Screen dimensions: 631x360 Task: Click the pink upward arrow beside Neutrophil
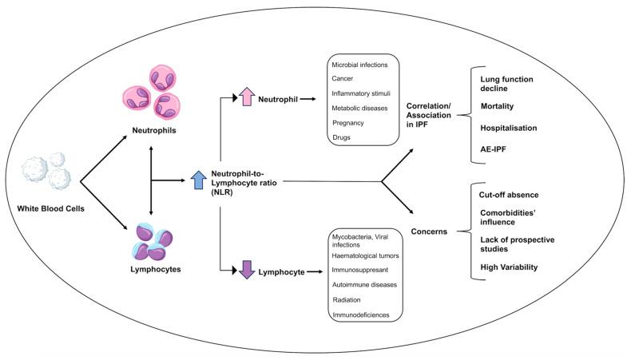click(x=247, y=97)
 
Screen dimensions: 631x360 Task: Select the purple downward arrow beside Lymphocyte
click(x=247, y=270)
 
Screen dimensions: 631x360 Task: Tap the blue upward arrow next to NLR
click(x=198, y=180)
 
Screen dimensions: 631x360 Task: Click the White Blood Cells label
click(x=50, y=208)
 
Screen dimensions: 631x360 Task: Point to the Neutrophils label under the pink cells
click(x=154, y=130)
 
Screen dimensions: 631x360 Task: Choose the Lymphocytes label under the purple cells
click(x=155, y=269)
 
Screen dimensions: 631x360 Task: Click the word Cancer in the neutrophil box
click(x=343, y=78)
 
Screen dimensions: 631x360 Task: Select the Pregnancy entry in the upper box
click(x=348, y=123)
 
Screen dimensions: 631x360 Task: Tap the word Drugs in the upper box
click(x=341, y=137)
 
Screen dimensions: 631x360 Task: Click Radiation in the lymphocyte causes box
click(x=347, y=299)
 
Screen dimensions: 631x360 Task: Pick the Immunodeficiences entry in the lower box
click(x=361, y=315)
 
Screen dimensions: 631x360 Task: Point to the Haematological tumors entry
click(x=365, y=255)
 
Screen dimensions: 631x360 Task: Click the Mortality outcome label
click(x=497, y=106)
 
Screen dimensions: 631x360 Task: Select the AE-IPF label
click(x=493, y=149)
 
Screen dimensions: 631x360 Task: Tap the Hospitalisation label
click(x=509, y=128)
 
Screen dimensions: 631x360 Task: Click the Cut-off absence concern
click(x=509, y=195)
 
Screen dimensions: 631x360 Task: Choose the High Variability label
click(x=509, y=267)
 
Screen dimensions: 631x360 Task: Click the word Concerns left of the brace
click(x=429, y=231)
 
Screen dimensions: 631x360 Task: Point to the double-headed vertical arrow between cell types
click(x=151, y=180)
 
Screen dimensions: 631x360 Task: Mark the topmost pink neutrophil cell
click(x=163, y=79)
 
